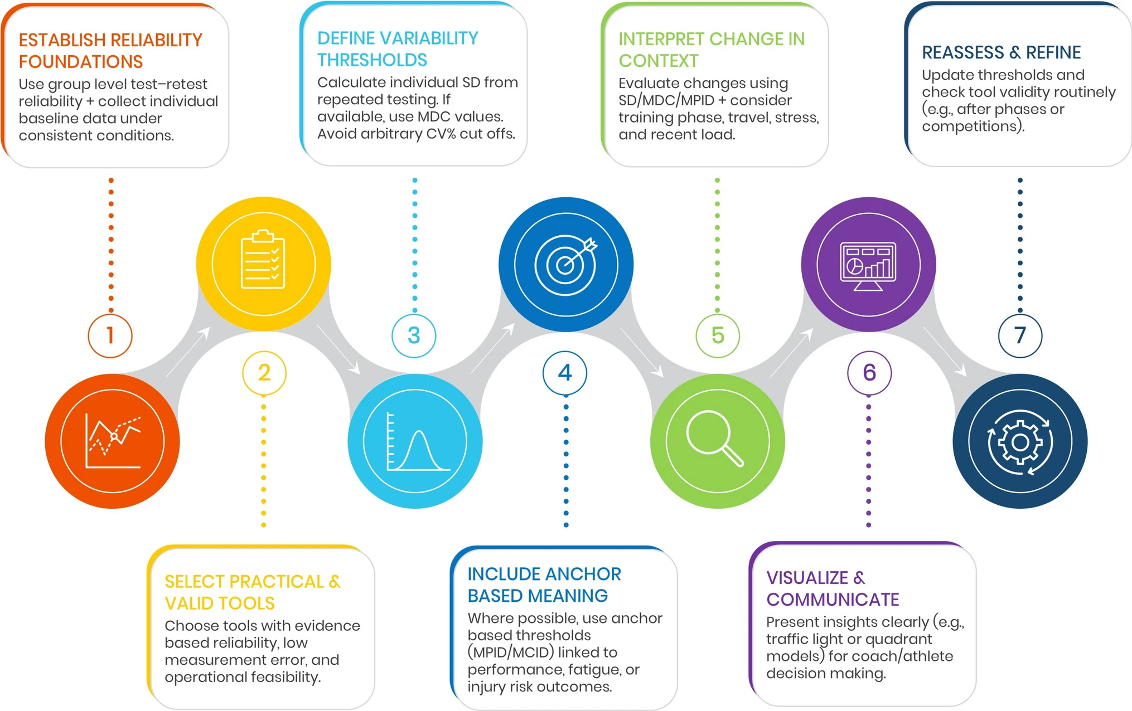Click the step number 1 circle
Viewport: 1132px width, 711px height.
tap(110, 335)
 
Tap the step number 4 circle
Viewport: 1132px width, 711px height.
tap(565, 372)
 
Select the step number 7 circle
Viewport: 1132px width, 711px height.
tap(1020, 335)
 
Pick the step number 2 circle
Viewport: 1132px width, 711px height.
tap(264, 372)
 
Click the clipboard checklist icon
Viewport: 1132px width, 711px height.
tap(263, 260)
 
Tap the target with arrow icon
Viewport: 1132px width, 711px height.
tap(566, 263)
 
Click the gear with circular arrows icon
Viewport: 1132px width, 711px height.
tap(1020, 442)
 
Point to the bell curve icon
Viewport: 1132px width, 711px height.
tap(417, 443)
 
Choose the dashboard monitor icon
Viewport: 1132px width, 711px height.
tap(868, 265)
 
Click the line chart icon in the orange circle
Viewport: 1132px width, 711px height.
tap(113, 441)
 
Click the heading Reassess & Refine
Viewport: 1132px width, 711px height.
tap(1001, 52)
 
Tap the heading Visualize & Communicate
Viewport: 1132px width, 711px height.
tap(833, 588)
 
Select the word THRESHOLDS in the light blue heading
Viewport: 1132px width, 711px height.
tap(372, 60)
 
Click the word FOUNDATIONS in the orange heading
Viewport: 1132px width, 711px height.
tap(81, 62)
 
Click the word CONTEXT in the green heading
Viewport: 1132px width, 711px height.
tap(658, 61)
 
